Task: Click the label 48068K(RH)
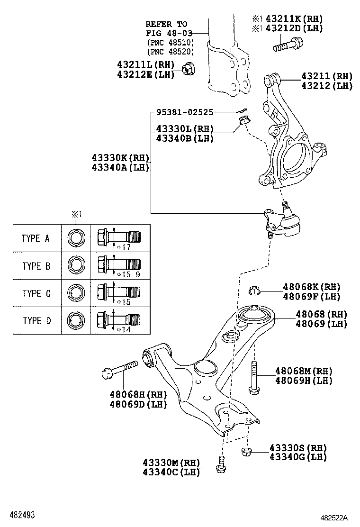pyautogui.click(x=312, y=287)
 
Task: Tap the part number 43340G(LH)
pyautogui.click(x=298, y=457)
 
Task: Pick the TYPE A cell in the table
pyautogui.click(x=36, y=238)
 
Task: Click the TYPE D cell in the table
pyautogui.click(x=36, y=321)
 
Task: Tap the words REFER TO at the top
pyautogui.click(x=166, y=24)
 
